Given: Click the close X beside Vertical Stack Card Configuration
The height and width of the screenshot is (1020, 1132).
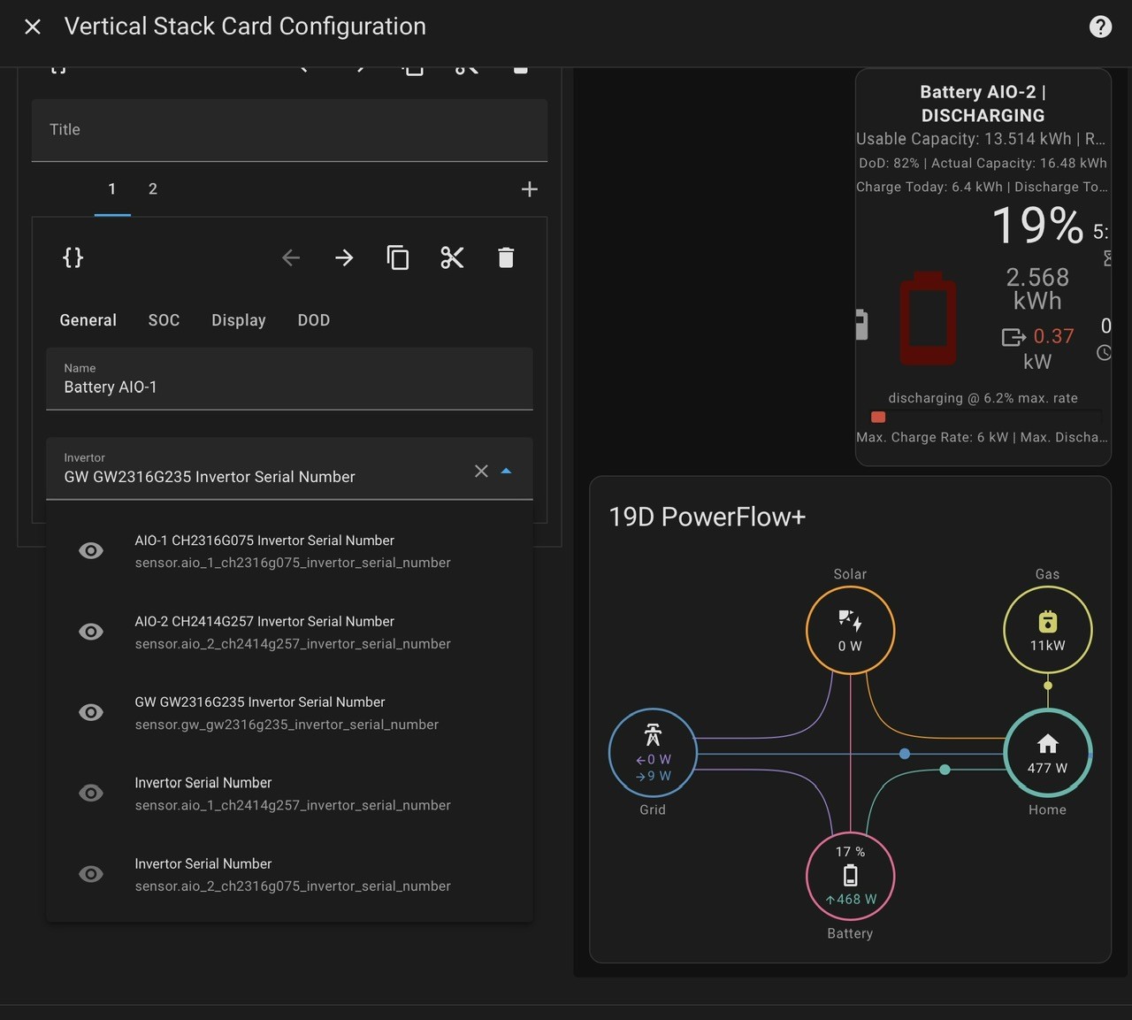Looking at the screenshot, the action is pyautogui.click(x=33, y=27).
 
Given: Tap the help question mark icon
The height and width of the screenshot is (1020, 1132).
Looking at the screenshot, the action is pyautogui.click(x=1100, y=27).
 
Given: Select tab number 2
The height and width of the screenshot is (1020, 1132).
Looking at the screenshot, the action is pyautogui.click(x=152, y=188).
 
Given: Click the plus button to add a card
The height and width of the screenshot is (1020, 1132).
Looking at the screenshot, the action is pyautogui.click(x=529, y=189).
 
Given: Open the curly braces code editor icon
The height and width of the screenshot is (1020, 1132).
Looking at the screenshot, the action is pyautogui.click(x=73, y=257).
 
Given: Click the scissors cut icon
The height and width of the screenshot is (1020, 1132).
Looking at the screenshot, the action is pyautogui.click(x=452, y=257).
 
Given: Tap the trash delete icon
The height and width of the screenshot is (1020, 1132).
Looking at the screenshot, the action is pyautogui.click(x=506, y=257).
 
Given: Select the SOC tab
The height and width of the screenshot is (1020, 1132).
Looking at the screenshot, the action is pyautogui.click(x=164, y=320).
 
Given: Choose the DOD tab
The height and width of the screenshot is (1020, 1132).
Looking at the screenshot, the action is pyautogui.click(x=314, y=320).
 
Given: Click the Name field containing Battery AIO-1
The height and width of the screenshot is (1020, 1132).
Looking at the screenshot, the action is pyautogui.click(x=289, y=379).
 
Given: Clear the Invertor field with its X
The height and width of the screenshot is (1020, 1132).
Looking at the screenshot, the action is pyautogui.click(x=481, y=471).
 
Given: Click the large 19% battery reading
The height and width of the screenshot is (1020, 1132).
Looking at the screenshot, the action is pyautogui.click(x=1037, y=226).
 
